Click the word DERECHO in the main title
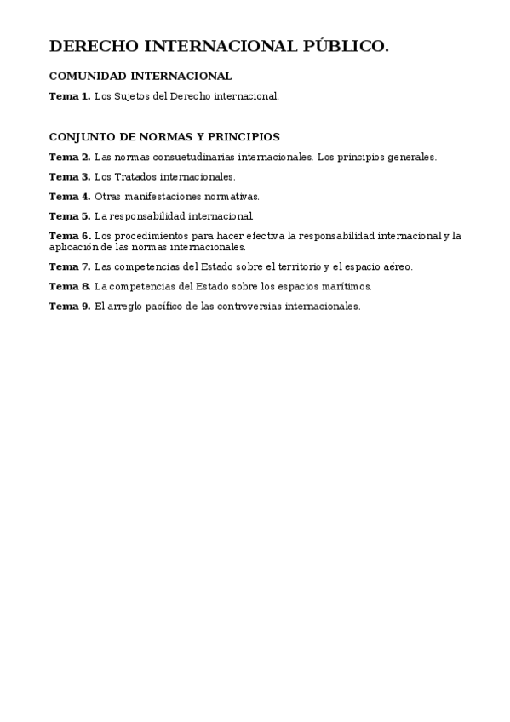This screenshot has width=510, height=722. coord(92,46)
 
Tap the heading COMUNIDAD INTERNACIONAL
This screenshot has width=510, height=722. coord(140,76)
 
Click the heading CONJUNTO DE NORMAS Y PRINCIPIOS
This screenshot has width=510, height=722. coord(164,136)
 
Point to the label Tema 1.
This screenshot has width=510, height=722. coord(69,96)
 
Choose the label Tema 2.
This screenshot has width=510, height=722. coord(69,157)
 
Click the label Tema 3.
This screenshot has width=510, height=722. coord(69,176)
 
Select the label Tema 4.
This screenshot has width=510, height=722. coord(69,196)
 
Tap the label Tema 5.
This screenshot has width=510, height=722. coord(69,215)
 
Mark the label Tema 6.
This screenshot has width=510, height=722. coord(69,236)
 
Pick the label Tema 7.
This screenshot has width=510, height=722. coord(69,266)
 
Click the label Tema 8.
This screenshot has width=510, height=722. coord(69,286)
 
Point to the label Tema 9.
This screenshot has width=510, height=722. coord(69,306)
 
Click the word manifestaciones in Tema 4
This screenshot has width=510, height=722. coord(167,196)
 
